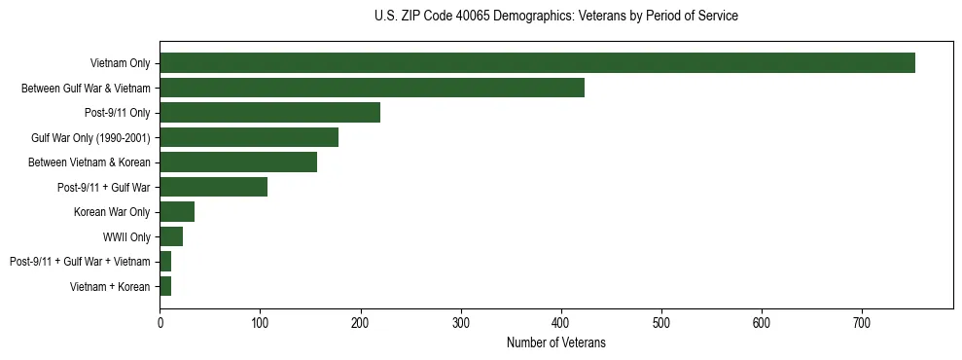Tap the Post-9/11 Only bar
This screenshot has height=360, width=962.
tap(269, 113)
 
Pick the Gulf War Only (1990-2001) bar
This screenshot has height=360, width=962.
tap(249, 137)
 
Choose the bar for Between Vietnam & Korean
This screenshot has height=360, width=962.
tap(238, 162)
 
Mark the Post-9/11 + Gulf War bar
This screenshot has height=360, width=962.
tap(213, 187)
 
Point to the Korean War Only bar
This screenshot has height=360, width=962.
tap(177, 211)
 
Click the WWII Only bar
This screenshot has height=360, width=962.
tap(171, 236)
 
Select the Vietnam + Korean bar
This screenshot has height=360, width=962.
tap(165, 286)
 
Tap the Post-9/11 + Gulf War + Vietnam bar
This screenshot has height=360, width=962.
tap(165, 261)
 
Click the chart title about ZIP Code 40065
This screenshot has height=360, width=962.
tap(555, 16)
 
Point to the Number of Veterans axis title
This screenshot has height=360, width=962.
tap(555, 342)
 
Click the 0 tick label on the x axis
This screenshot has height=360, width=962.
tap(160, 322)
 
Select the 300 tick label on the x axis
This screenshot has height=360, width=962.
tap(461, 322)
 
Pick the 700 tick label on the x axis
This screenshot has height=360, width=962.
tap(862, 322)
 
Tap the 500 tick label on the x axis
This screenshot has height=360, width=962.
tap(661, 322)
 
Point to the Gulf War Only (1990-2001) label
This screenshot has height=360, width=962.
tap(90, 138)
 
